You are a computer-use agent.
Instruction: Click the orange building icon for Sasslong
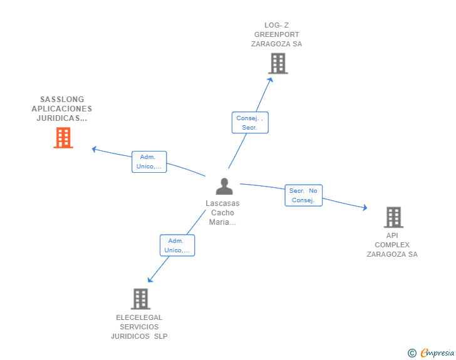click(x=63, y=138)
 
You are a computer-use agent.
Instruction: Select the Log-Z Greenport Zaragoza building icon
click(x=277, y=63)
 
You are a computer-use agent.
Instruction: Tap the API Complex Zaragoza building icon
click(x=393, y=217)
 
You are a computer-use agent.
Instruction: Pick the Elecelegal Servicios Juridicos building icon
click(x=140, y=299)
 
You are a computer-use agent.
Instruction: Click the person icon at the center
click(x=224, y=186)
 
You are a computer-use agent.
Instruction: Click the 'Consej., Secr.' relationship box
click(x=250, y=122)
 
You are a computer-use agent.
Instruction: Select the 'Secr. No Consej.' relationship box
click(x=303, y=195)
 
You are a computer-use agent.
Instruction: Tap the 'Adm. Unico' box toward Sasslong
click(x=149, y=162)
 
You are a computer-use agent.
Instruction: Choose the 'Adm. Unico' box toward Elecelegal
click(x=177, y=245)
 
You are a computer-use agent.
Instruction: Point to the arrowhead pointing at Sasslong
click(x=94, y=149)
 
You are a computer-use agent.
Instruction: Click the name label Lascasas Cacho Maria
click(x=222, y=212)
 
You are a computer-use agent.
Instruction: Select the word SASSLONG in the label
click(x=62, y=99)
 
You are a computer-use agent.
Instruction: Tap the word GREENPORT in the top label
click(x=276, y=34)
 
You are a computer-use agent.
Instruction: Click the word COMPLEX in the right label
click(x=392, y=245)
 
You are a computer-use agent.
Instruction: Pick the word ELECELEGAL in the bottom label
click(x=139, y=317)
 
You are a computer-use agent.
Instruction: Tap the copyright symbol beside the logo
click(x=412, y=353)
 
